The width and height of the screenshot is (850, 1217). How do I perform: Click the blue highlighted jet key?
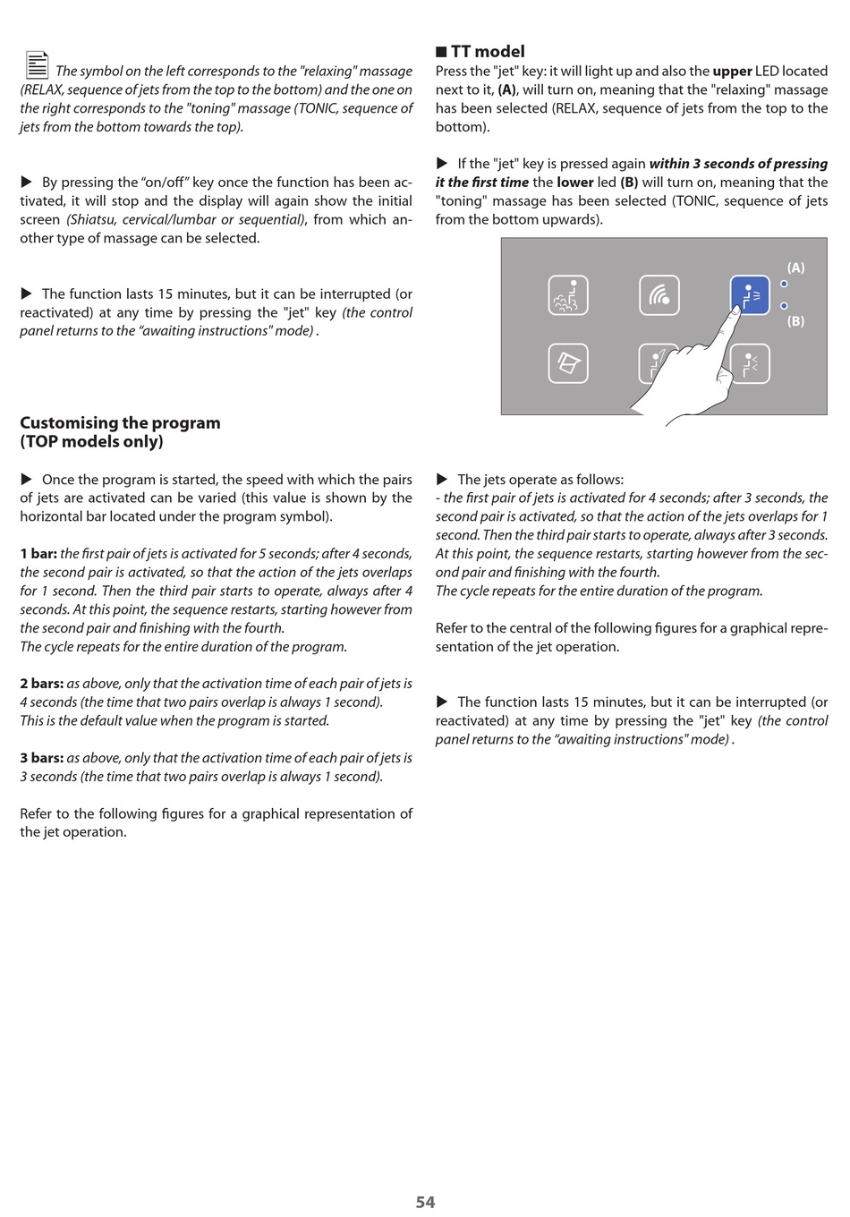750,295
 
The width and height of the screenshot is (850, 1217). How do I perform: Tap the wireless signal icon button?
659,295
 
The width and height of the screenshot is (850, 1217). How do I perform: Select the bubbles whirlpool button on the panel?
568,295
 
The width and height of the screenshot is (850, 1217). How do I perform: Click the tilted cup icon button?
568,363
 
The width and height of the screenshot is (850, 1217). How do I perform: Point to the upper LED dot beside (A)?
784,285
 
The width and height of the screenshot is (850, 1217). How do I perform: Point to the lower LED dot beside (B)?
784,306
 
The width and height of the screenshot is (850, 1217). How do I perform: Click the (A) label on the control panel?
795,268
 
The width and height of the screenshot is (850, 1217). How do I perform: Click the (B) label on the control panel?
795,321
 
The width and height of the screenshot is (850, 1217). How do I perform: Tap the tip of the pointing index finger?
736,308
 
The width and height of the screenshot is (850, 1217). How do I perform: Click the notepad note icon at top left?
37,65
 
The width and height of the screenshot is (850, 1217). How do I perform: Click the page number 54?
425,1202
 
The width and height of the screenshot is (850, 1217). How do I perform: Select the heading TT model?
488,52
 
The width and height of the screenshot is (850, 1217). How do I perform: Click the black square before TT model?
441,52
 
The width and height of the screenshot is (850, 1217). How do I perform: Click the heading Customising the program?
120,423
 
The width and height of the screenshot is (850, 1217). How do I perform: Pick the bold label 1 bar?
38,554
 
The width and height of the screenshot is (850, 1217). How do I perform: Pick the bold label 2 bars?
42,684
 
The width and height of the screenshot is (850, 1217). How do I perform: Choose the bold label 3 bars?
42,758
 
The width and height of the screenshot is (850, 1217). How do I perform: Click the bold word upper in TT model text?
732,72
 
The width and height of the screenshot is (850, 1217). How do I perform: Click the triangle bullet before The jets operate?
442,480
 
